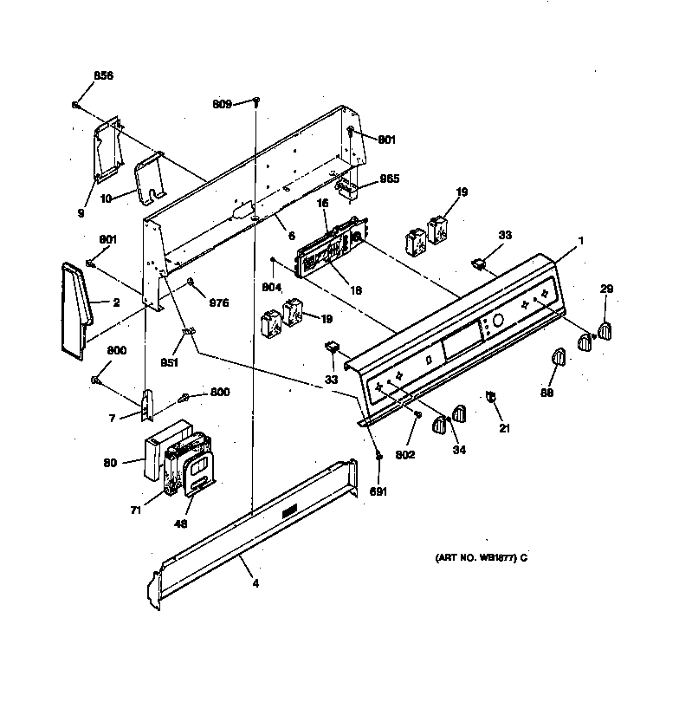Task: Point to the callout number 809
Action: [x=222, y=104]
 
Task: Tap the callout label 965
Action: [x=390, y=179]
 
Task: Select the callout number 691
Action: [x=379, y=491]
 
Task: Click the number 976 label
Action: [x=219, y=302]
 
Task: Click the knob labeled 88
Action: [x=557, y=357]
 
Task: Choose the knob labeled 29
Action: [x=605, y=331]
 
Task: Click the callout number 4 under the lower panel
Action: [x=255, y=583]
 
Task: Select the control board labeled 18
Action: [x=325, y=251]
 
